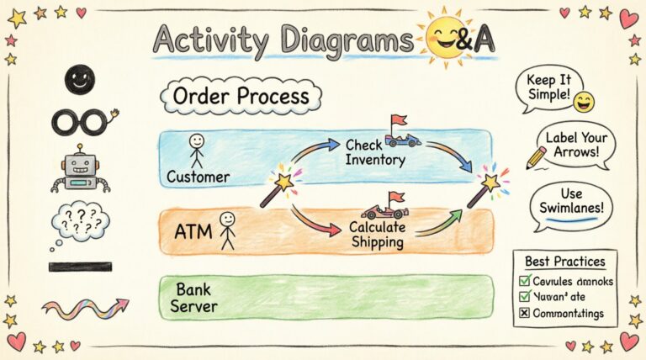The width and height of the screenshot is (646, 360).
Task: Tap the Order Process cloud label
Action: (241, 96)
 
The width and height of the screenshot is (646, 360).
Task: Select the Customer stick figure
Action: (196, 151)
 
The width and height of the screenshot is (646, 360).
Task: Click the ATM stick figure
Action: (227, 230)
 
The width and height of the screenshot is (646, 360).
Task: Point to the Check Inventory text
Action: (375, 152)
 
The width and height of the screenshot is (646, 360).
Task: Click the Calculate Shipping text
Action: (377, 235)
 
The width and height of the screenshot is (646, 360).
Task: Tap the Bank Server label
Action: (194, 298)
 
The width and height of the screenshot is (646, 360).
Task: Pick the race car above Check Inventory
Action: (402, 135)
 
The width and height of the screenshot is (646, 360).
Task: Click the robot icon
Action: (81, 167)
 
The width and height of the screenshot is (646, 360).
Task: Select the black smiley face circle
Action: (80, 81)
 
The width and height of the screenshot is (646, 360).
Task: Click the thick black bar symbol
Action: (80, 267)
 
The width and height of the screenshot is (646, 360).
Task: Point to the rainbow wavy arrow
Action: (85, 308)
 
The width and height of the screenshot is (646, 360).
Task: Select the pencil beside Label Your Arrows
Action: (536, 156)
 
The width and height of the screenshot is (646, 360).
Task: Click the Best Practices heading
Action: (564, 262)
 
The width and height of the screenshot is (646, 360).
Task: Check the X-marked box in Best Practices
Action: (524, 313)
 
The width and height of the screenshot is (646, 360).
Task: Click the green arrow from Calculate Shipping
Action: (439, 222)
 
